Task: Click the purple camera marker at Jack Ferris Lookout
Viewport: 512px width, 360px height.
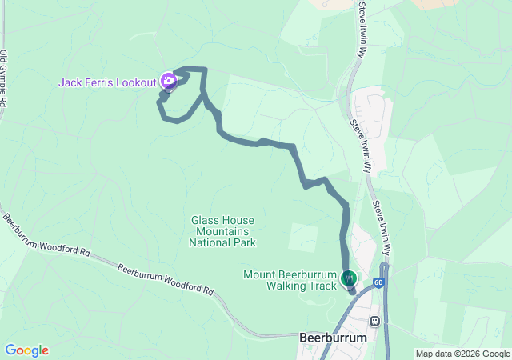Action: pos(168,80)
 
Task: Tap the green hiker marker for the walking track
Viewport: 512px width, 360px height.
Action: pos(349,278)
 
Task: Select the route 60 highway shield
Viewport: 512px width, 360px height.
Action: pos(378,282)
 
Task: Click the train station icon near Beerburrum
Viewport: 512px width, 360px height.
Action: pos(374,321)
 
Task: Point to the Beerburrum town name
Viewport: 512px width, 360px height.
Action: pos(333,338)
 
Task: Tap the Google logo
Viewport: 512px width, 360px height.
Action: pos(26,350)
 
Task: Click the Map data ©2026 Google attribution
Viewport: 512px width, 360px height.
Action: pos(462,354)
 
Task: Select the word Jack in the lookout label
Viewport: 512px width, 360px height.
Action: pos(70,82)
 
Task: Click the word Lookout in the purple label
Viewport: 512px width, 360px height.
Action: pos(137,82)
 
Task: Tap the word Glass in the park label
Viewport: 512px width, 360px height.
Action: pos(205,220)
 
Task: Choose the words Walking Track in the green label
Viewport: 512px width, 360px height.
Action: pos(297,286)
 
